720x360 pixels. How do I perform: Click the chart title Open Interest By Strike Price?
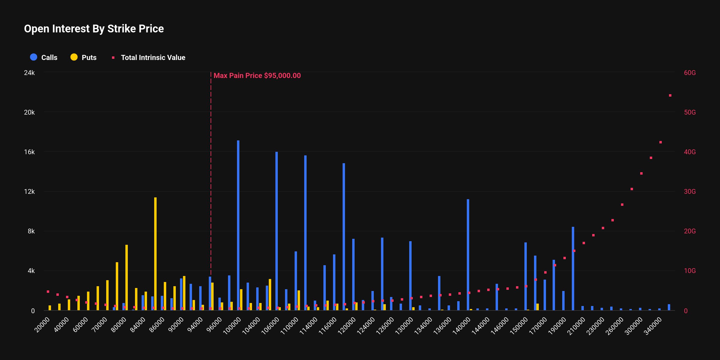(x=94, y=29)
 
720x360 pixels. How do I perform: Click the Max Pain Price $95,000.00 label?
(x=257, y=76)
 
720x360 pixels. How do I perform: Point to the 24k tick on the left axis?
(x=29, y=73)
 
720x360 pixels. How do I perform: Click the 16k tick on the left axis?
(x=29, y=152)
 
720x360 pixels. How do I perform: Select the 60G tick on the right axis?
(x=689, y=73)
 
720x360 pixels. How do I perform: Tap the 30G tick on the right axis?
(x=689, y=192)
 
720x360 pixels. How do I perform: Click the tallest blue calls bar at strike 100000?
(x=238, y=225)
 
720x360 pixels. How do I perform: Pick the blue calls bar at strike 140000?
(x=468, y=255)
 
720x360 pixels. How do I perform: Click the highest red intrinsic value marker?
(x=670, y=95)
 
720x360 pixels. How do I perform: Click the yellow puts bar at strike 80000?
(x=127, y=277)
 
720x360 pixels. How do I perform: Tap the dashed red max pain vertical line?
(x=211, y=180)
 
